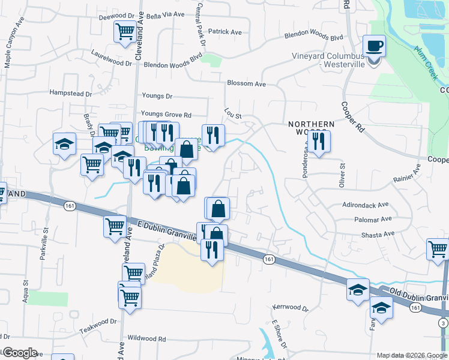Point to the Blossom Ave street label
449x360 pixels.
[x=246, y=84]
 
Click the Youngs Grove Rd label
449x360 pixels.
[x=166, y=114]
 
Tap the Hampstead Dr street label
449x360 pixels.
[x=70, y=94]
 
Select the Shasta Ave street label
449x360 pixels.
[x=381, y=233]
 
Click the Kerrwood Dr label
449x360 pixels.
[x=290, y=308]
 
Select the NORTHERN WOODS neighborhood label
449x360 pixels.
[x=310, y=128]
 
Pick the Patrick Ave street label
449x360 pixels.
[x=224, y=32]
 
